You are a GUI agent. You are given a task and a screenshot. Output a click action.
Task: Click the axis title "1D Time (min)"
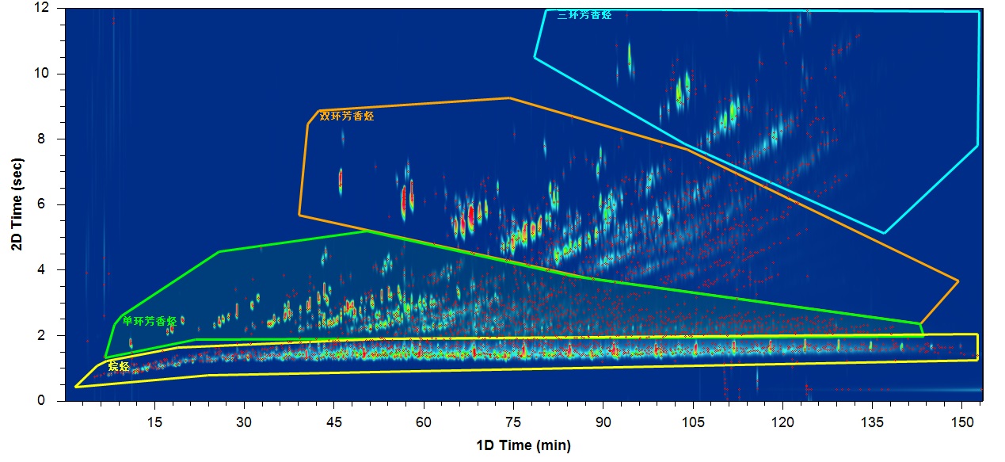(523, 445)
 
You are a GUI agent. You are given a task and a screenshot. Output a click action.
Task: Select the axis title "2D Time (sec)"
(17, 204)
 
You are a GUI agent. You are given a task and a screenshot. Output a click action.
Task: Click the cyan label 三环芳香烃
(584, 15)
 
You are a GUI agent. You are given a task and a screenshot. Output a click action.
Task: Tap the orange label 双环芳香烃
(346, 116)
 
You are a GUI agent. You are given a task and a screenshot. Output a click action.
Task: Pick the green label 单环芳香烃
(150, 321)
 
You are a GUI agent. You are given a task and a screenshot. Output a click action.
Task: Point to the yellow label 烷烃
(119, 367)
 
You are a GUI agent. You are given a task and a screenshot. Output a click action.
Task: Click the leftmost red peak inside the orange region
(341, 179)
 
